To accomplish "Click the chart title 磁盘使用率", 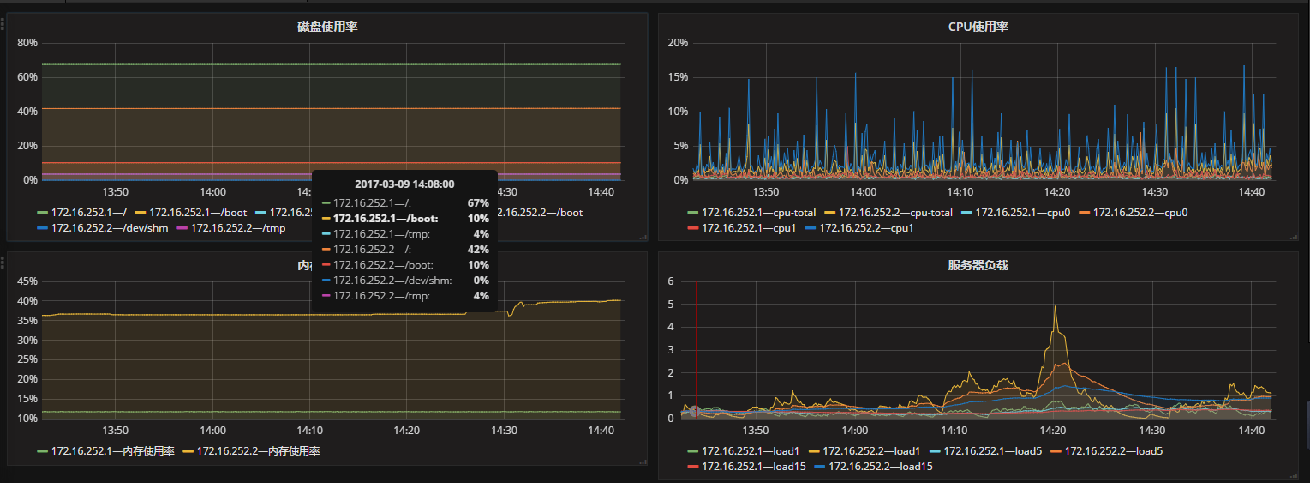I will pos(327,27).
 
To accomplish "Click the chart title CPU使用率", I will pos(978,27).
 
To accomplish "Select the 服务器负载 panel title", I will pos(978,266).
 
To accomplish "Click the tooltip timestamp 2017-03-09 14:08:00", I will pos(404,184).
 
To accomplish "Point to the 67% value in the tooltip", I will pos(477,203).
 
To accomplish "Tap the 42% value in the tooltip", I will pos(477,250).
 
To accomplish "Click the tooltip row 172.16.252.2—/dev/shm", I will pos(392,281).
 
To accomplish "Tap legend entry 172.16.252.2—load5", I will pos(1113,450).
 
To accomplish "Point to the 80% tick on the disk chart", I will pos(27,43).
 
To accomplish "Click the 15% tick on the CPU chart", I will pos(678,77).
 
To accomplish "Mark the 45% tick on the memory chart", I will pos(27,281).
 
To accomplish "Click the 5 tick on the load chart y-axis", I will pos(672,305).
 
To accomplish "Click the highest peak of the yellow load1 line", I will pos(1055,307).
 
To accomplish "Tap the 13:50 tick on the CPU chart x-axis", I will pos(766,192).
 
